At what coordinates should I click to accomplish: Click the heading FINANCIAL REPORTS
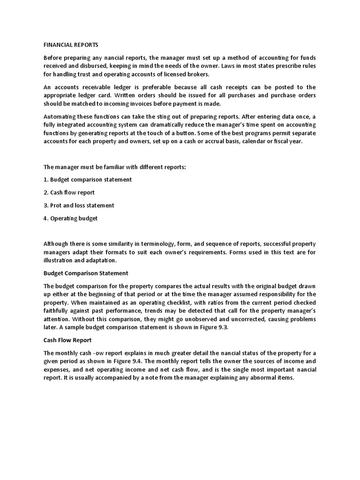click(71, 45)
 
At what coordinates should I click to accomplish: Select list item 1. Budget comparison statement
click(88, 180)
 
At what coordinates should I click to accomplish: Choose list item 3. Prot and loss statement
click(79, 205)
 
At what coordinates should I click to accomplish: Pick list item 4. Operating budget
click(71, 218)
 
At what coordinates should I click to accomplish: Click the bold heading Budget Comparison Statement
click(86, 273)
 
